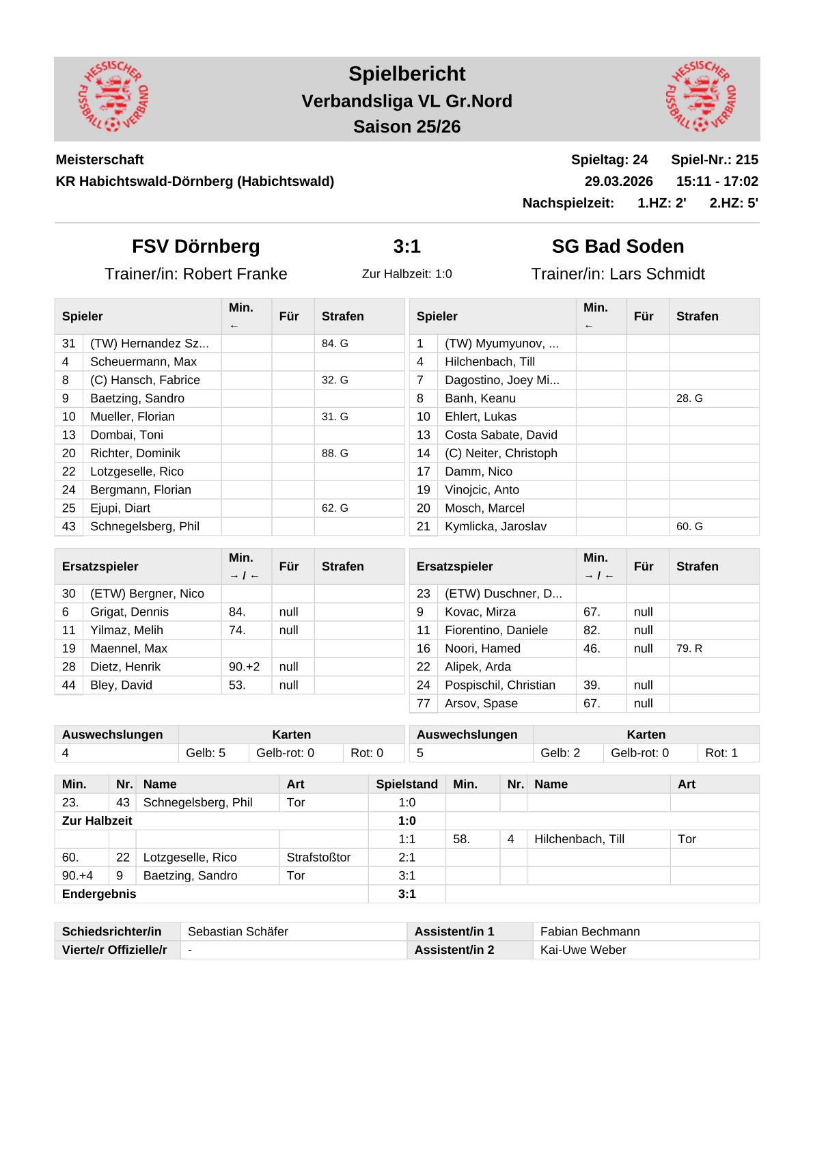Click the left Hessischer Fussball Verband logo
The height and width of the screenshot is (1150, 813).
(113, 96)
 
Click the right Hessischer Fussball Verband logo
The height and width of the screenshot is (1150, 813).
(701, 96)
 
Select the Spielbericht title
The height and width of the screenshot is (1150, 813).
(406, 74)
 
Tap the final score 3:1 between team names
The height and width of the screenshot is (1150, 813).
(406, 246)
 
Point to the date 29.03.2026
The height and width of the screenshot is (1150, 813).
(618, 181)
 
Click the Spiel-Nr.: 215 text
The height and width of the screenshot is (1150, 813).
(714, 159)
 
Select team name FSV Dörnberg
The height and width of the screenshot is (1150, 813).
(195, 246)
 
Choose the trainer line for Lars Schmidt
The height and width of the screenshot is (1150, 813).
(618, 274)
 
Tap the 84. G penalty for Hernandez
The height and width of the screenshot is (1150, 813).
(335, 343)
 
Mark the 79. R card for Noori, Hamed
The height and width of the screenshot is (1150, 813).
(689, 648)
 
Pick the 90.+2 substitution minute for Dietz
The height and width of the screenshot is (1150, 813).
(244, 667)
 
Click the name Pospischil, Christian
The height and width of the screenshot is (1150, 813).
(499, 685)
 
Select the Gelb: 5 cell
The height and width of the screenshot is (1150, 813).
(206, 753)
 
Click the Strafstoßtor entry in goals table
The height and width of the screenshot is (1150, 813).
(318, 858)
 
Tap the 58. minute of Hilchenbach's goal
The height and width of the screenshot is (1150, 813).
(461, 839)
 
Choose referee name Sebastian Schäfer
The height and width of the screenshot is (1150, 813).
(238, 931)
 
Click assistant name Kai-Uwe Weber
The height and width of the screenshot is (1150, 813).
(583, 950)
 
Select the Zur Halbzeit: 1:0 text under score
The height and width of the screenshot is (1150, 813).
(406, 274)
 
